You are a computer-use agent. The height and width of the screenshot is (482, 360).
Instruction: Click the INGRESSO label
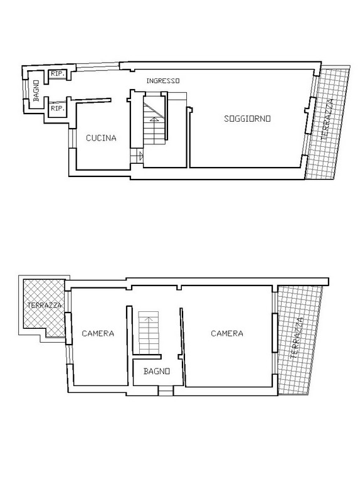click(163, 81)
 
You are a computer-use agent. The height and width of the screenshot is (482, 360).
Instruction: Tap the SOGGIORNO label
click(247, 119)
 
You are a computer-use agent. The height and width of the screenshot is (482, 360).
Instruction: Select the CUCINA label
click(101, 138)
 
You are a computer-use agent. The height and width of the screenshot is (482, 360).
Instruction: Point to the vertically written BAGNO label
click(36, 90)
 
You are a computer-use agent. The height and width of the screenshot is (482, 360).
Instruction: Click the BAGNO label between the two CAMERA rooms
click(157, 371)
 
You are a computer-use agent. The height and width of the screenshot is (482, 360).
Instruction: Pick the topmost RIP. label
click(58, 74)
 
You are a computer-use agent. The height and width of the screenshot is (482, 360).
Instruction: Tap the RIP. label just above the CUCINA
click(58, 108)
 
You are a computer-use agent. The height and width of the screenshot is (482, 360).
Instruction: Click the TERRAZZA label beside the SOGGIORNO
click(327, 119)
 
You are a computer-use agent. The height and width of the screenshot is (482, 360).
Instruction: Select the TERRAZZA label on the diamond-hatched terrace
click(45, 305)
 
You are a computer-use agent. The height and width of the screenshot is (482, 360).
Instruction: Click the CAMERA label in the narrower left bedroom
click(98, 333)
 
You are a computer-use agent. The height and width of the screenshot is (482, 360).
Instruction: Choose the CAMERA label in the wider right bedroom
click(227, 333)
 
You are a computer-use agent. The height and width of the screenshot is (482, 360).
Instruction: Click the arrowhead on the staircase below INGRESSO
click(154, 119)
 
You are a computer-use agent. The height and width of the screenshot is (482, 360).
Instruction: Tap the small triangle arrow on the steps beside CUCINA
click(141, 156)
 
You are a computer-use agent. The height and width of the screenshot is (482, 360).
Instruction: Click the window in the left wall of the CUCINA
click(73, 138)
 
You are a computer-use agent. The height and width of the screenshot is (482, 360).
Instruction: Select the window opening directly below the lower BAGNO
click(166, 391)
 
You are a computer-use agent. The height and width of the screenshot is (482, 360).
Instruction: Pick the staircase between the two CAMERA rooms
click(149, 333)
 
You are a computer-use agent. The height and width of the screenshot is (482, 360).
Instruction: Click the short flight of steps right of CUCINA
click(137, 156)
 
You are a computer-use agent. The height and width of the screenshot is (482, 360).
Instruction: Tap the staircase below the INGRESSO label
click(156, 116)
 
